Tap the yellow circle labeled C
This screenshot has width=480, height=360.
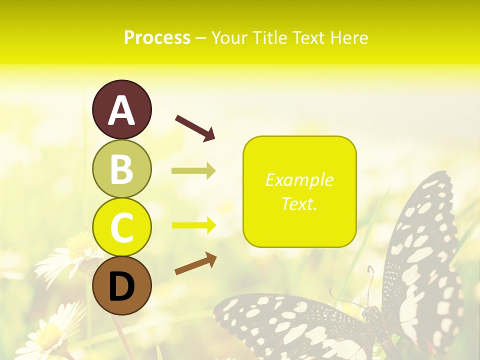(121, 227)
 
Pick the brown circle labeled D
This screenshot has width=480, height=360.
(121, 285)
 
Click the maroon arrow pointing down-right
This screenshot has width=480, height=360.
(195, 127)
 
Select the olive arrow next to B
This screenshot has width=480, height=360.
(193, 171)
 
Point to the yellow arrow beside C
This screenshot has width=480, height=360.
(193, 225)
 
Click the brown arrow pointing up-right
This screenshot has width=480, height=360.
(195, 263)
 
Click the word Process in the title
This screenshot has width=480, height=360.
(157, 38)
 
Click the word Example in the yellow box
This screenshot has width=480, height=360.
(299, 180)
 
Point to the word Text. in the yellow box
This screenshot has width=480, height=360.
(299, 204)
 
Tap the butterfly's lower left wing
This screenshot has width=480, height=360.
(290, 325)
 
